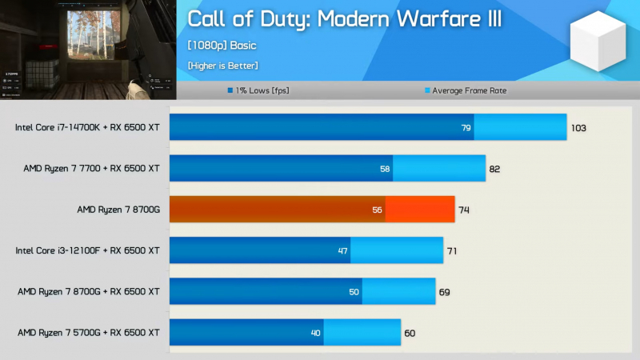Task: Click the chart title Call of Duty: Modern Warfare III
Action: [x=345, y=18]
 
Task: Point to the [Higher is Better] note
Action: [x=222, y=65]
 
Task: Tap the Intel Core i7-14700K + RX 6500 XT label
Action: [x=87, y=127]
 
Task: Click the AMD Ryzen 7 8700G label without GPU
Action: [x=118, y=210]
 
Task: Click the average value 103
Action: [x=579, y=127]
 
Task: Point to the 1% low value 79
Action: [x=466, y=127]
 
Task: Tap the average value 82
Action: [x=496, y=168]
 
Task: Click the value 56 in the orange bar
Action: [x=378, y=210]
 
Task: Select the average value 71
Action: [x=452, y=250]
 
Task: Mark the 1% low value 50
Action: [x=354, y=291]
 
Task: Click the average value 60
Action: [x=410, y=332]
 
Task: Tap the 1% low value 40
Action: [x=315, y=332]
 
